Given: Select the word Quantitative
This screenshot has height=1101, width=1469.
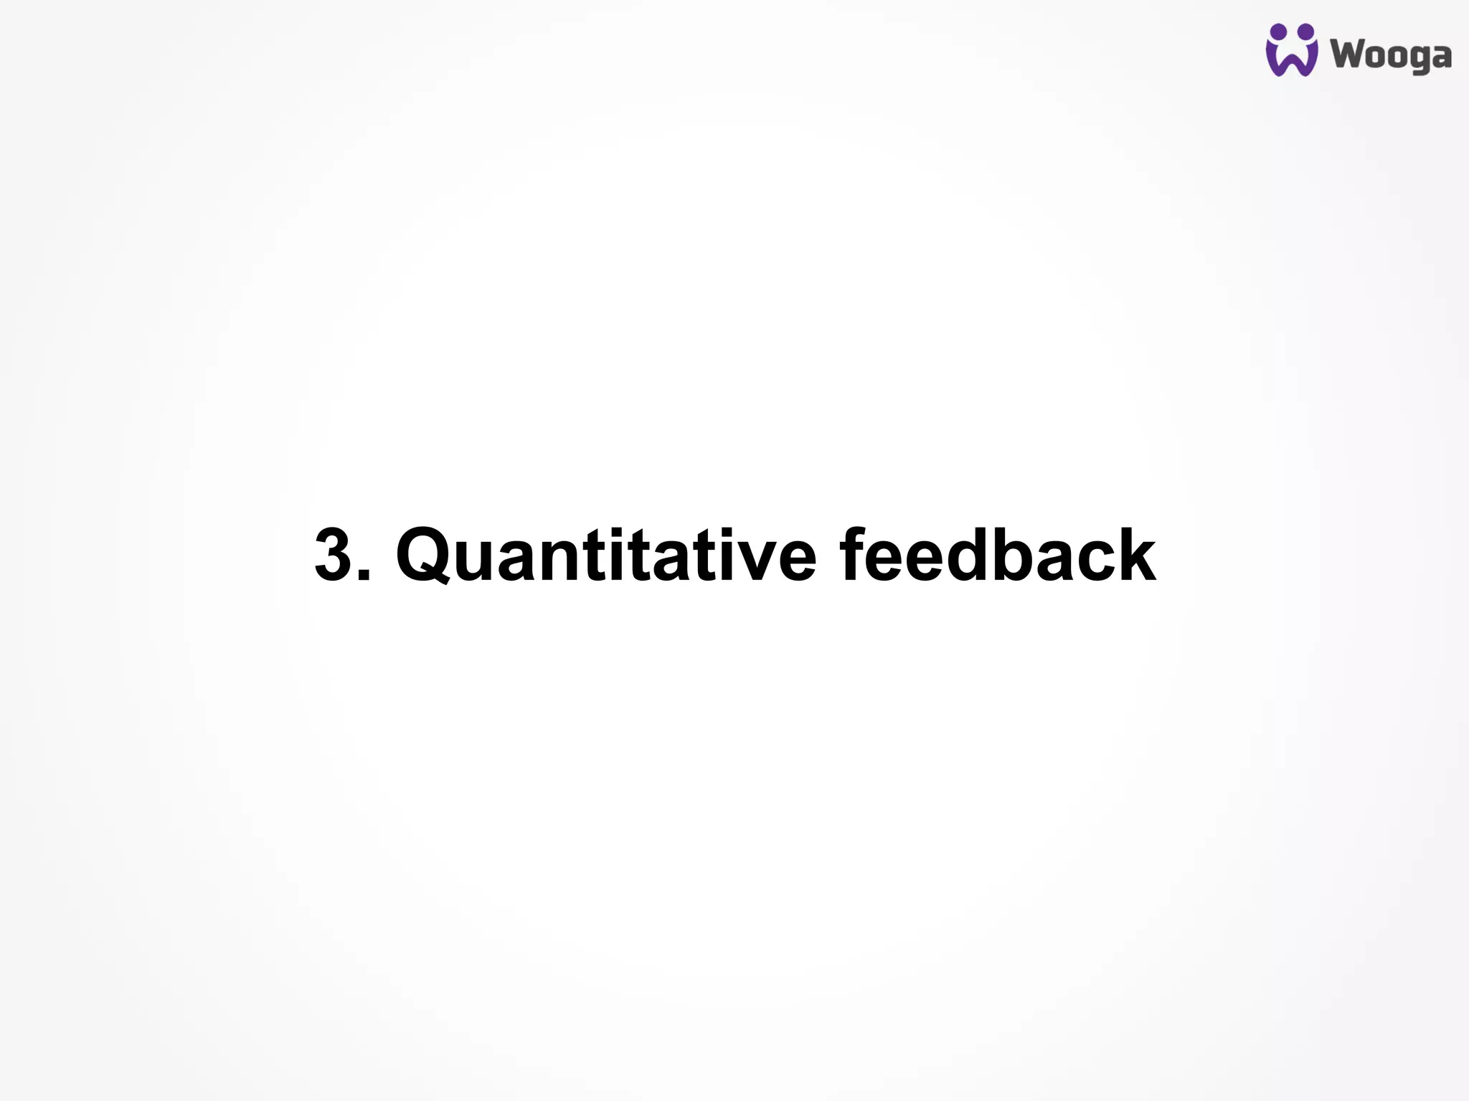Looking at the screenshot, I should pos(606,555).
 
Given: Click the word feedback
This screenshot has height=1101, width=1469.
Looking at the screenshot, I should pos(997,555).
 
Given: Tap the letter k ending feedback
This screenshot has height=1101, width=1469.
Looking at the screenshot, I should pos(1137,555).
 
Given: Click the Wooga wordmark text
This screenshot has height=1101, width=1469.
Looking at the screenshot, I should pos(1391,55).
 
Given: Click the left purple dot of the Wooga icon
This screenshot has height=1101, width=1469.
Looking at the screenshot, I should pos(1277,31).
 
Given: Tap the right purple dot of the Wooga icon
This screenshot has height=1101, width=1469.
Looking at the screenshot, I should pos(1305,31).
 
